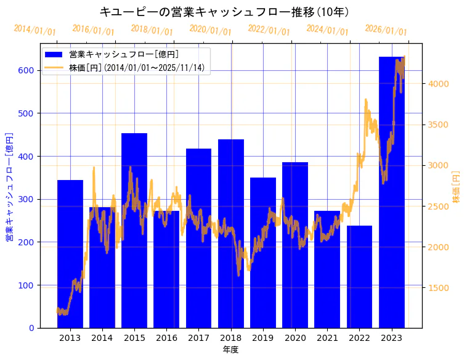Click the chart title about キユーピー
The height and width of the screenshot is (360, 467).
pyautogui.click(x=233, y=12)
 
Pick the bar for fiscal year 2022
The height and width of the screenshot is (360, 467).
pyautogui.click(x=359, y=277)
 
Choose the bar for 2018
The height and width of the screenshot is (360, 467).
pyautogui.click(x=231, y=234)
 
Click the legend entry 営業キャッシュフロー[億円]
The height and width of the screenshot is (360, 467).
pyautogui.click(x=124, y=55)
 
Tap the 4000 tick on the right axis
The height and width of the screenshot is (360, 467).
pyautogui.click(x=439, y=84)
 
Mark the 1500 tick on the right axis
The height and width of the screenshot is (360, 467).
pyautogui.click(x=439, y=288)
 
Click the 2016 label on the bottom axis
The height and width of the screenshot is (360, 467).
pyautogui.click(x=166, y=338)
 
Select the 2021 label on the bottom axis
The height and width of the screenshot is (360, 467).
pyautogui.click(x=327, y=338)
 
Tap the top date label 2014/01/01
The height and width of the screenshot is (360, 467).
pyautogui.click(x=35, y=30)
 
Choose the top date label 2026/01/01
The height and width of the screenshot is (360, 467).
pyautogui.click(x=386, y=30)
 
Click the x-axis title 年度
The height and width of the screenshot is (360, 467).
pyautogui.click(x=230, y=350)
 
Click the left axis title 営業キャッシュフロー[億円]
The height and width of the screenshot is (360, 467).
pyautogui.click(x=9, y=187)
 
